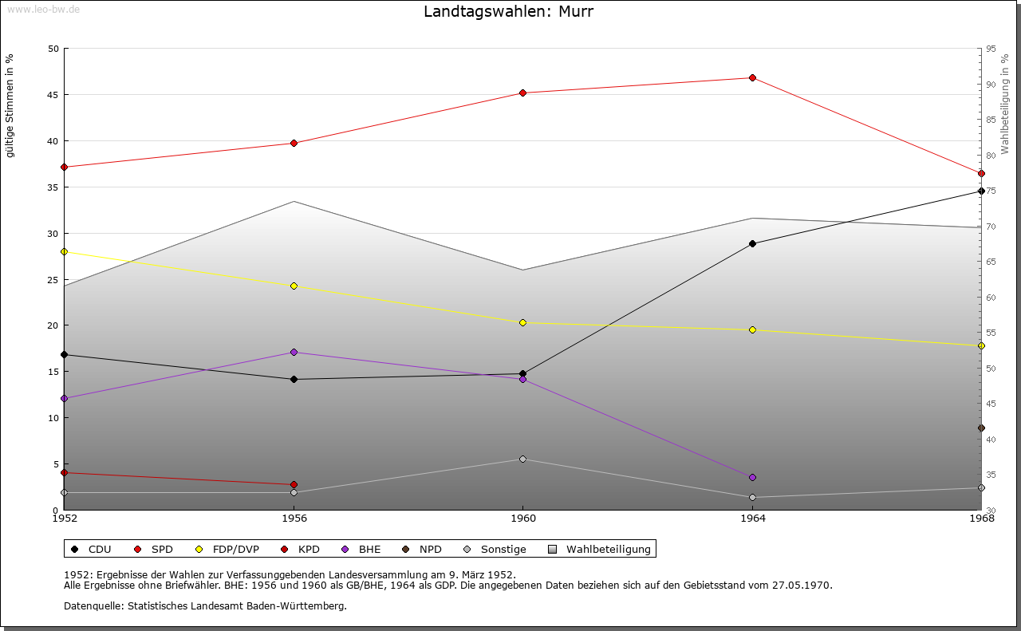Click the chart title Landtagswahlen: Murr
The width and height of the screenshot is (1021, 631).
[x=508, y=12]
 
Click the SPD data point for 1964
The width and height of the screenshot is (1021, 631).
[x=752, y=77]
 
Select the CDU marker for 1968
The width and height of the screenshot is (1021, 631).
[x=981, y=191]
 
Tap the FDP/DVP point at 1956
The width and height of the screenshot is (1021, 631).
[x=294, y=286]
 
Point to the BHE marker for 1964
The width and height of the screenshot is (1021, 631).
[x=752, y=477]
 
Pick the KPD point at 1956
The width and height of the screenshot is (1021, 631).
[x=294, y=484]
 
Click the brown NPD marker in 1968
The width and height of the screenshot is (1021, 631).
[x=981, y=428]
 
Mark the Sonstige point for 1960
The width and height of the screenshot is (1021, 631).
[x=522, y=459]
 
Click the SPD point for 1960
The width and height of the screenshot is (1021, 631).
[x=522, y=93]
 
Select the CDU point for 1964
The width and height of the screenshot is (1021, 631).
[x=752, y=243]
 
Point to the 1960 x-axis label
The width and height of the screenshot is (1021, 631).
[x=522, y=519]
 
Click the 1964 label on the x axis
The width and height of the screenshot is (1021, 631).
[x=752, y=519]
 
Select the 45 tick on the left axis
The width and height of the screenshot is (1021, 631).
[x=53, y=95]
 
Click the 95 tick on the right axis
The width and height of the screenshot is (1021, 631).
[x=990, y=49]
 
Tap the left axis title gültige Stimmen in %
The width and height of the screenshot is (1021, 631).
[x=10, y=105]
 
